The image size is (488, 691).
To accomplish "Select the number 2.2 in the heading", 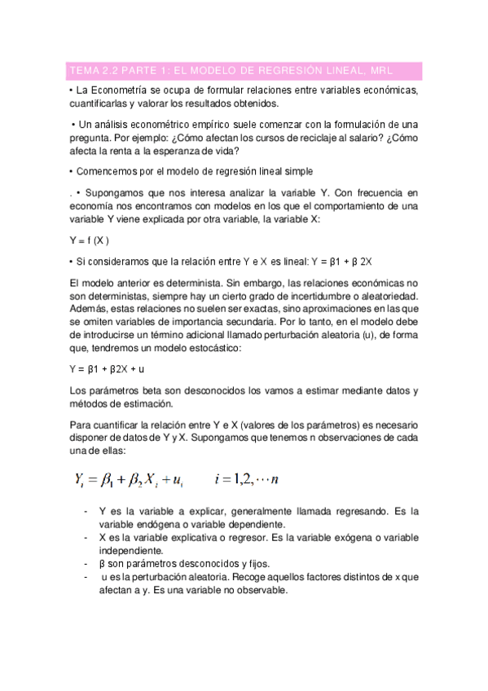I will [x=108, y=70].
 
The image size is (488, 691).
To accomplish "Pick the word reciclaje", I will [x=294, y=138].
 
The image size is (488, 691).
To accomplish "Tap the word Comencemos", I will [x=106, y=171].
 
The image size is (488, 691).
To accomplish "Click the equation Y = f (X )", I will [x=90, y=240].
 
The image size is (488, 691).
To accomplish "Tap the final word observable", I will [x=260, y=592].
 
